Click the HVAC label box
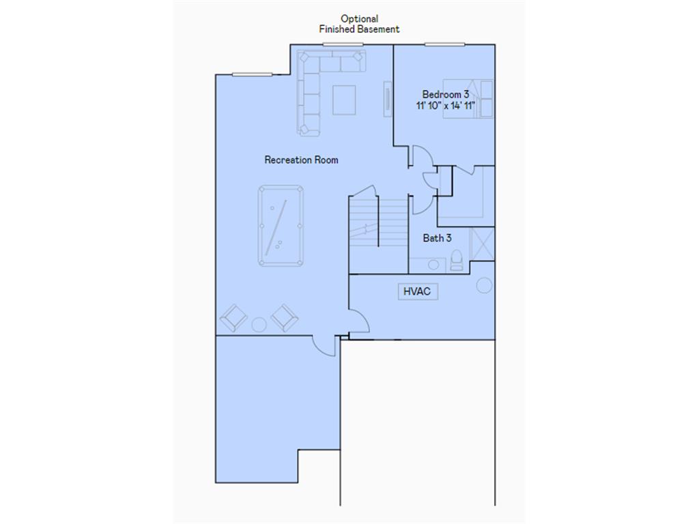(418, 291)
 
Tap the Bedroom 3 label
(445, 94)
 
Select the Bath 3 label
(437, 238)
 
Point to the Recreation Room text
(301, 160)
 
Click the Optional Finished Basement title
(359, 24)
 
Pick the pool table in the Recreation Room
(281, 226)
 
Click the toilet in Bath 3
(457, 260)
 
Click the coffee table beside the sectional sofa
(344, 99)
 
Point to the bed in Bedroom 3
(470, 99)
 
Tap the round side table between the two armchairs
(259, 324)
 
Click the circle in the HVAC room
(484, 285)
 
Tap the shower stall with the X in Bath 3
(482, 244)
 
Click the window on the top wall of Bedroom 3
(444, 45)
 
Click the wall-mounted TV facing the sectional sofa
(388, 96)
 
